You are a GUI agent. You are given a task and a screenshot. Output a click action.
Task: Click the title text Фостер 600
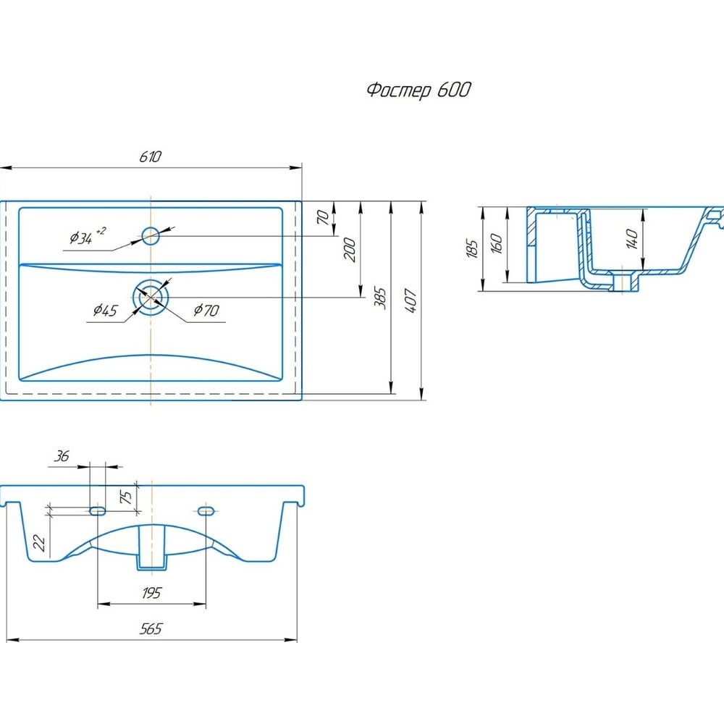(418, 90)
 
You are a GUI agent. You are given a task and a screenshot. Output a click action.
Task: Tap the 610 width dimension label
(151, 157)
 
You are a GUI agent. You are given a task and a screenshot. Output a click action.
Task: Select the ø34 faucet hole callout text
(88, 236)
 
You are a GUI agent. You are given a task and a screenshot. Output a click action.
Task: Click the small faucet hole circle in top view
(151, 236)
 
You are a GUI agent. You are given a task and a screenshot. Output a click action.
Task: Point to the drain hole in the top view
(151, 297)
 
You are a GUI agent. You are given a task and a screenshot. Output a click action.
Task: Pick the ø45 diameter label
(105, 310)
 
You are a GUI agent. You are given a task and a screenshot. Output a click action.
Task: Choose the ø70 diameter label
(206, 310)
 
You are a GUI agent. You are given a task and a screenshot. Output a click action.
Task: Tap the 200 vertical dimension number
(350, 250)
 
